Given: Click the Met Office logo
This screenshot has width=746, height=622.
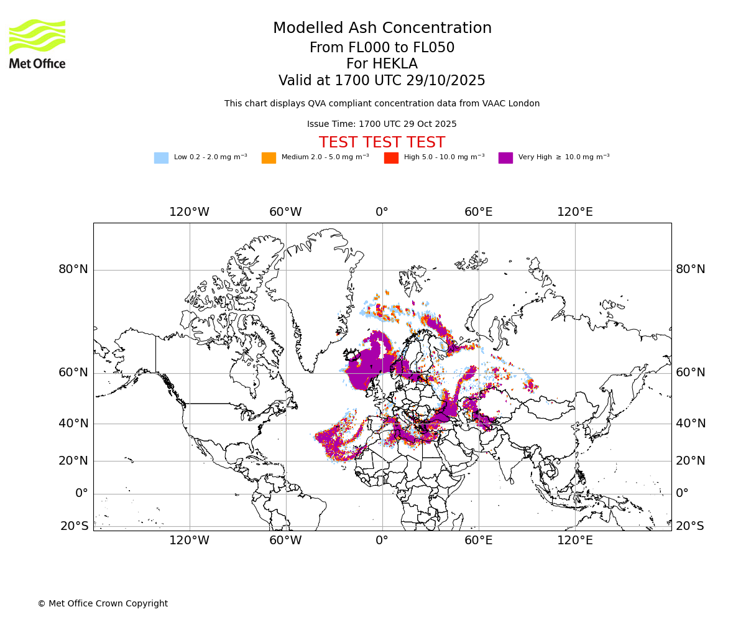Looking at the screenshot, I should pyautogui.click(x=37, y=44).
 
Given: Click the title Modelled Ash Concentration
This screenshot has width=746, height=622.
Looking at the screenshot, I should pyautogui.click(x=382, y=28).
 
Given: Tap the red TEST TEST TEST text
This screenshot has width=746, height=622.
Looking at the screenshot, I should pyautogui.click(x=382, y=142).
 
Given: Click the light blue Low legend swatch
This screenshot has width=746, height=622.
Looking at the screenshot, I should pyautogui.click(x=161, y=157).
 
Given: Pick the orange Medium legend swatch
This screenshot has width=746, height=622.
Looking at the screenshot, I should pyautogui.click(x=269, y=157).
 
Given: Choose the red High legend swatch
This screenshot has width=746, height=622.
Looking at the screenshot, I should pyautogui.click(x=391, y=157).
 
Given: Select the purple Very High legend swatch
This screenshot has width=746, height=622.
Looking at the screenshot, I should pyautogui.click(x=505, y=157).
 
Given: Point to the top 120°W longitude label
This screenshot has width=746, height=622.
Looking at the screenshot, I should pyautogui.click(x=190, y=212).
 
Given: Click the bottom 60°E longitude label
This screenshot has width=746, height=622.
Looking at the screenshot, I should pyautogui.click(x=479, y=541).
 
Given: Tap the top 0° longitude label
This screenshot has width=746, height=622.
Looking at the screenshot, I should pyautogui.click(x=382, y=212).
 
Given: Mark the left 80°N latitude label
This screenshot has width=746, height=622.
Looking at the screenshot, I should pyautogui.click(x=73, y=269).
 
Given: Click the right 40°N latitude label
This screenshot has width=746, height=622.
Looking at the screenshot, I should pyautogui.click(x=691, y=424).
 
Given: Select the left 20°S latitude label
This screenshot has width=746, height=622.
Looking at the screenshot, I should pyautogui.click(x=74, y=526).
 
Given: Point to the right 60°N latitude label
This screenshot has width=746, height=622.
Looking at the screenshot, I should pyautogui.click(x=691, y=373).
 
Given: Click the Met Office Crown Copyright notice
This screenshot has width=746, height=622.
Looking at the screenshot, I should pyautogui.click(x=103, y=603).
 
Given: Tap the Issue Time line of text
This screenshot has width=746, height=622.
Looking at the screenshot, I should pyautogui.click(x=382, y=124).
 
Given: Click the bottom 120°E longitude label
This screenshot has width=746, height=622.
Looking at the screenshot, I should pyautogui.click(x=575, y=541).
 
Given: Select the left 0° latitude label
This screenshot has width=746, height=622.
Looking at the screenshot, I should pyautogui.click(x=81, y=493).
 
